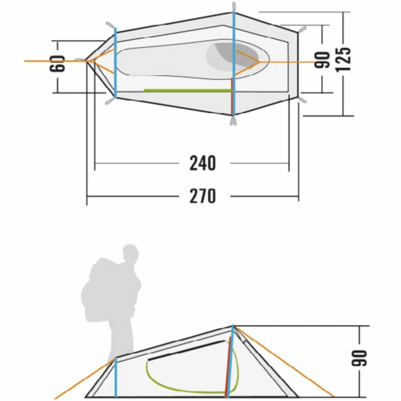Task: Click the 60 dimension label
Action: pyautogui.click(x=57, y=64)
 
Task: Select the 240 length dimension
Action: pyautogui.click(x=203, y=163)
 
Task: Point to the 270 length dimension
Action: pyautogui.click(x=203, y=196)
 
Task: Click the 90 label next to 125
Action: pyautogui.click(x=322, y=60)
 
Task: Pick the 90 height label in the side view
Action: pyautogui.click(x=359, y=358)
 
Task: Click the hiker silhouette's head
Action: pyautogui.click(x=130, y=252)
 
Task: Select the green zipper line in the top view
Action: pyautogui.click(x=188, y=90)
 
